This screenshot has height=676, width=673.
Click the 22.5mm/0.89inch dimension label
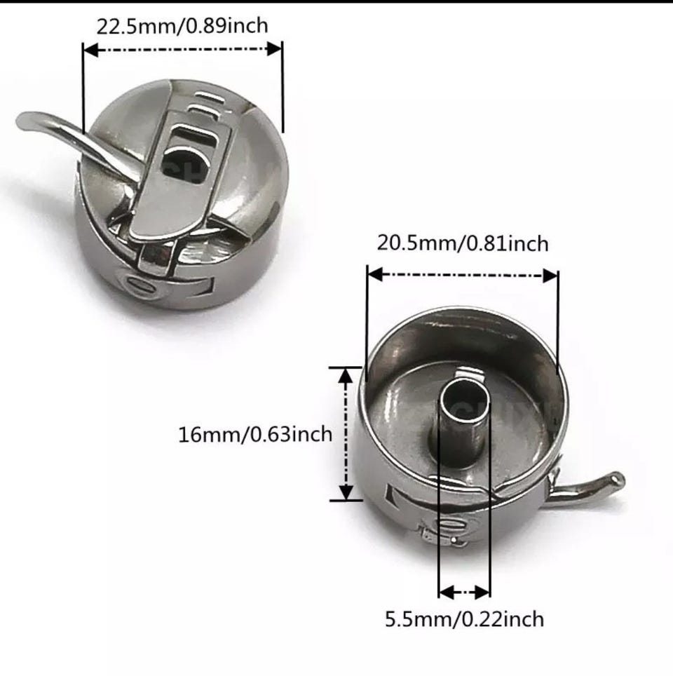point(182,27)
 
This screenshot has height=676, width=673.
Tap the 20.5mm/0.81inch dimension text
point(463,243)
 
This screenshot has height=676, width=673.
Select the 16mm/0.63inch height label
point(255,434)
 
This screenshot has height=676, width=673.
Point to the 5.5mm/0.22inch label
point(464,619)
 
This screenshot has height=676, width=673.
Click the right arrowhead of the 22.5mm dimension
point(275,48)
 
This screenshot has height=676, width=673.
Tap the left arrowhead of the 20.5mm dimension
point(375,274)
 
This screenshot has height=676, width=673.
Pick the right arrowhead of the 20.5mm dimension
point(550,276)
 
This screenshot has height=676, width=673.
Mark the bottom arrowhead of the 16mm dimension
point(346,492)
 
